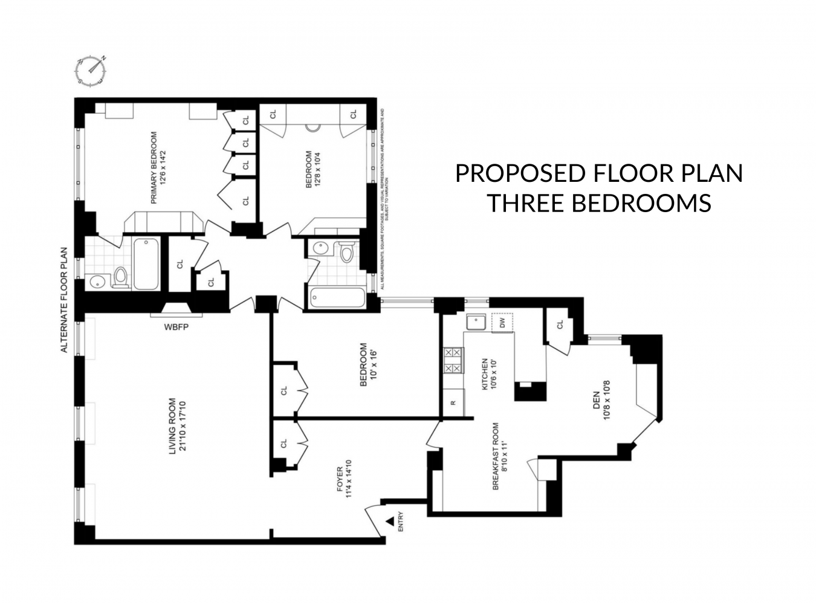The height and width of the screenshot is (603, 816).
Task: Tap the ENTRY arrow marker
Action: point(390,520)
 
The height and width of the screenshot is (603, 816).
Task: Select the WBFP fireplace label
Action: point(176,328)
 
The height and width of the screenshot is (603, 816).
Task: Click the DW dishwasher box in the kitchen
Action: point(502,323)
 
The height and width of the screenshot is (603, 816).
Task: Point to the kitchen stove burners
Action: point(453,360)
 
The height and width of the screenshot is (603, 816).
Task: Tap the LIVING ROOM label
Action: point(177,426)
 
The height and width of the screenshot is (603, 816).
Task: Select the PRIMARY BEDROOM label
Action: point(158,167)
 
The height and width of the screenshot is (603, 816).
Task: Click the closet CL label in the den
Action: point(560,325)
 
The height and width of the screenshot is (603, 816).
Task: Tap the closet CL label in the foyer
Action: point(284,444)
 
